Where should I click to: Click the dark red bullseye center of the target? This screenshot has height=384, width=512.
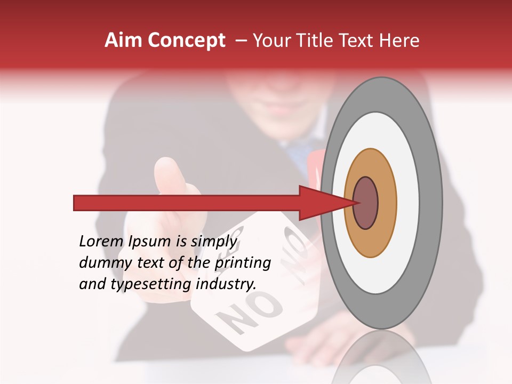pyautogui.click(x=366, y=203)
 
